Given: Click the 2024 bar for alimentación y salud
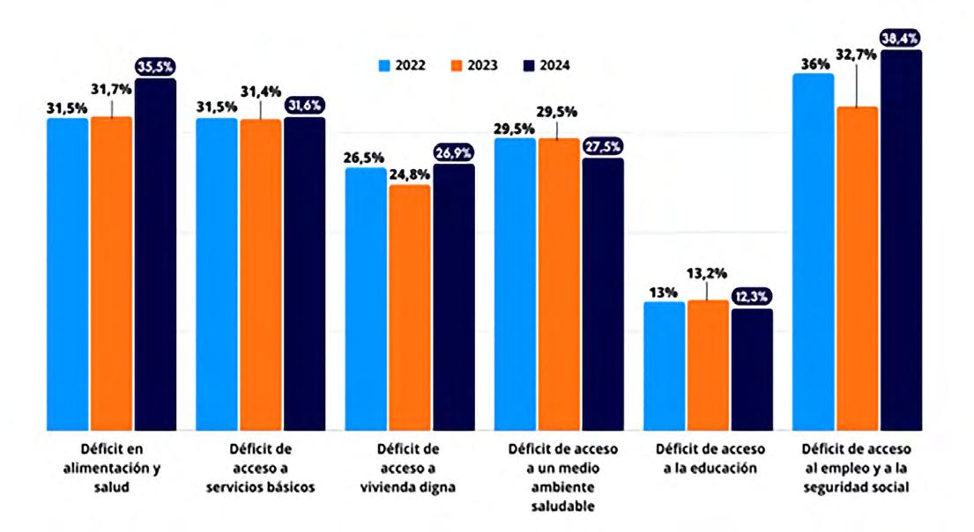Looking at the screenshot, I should (x=155, y=255).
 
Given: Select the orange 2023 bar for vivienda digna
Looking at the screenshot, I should (x=410, y=308).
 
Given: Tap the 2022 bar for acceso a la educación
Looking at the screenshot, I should (x=665, y=366).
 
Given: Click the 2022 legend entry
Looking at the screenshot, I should (x=402, y=64).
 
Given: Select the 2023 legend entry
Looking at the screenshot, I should (x=472, y=64).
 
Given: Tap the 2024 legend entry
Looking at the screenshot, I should (x=541, y=64).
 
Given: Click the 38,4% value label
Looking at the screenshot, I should (x=901, y=39).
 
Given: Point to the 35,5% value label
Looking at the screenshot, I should (x=155, y=67).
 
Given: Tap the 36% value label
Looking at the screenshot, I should (x=811, y=62).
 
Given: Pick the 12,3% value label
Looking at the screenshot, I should (x=751, y=298).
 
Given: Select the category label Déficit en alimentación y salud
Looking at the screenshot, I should (x=111, y=468).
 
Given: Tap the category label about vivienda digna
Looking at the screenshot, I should (x=410, y=468).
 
